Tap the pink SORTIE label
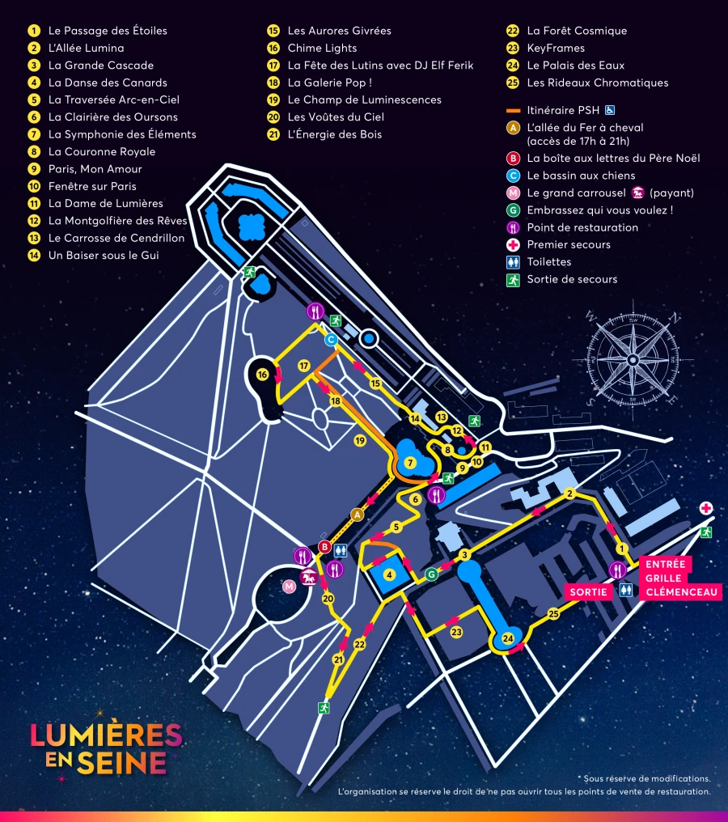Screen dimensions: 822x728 pos(588,591)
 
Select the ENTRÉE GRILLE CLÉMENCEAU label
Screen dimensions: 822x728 pos(682,578)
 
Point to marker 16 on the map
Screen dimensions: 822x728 pos(262,375)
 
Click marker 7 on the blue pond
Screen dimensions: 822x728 pos(410,463)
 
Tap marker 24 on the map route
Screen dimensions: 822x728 pos(508,638)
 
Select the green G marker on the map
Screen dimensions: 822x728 pos(431,574)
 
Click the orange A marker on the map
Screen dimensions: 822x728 pos(357,514)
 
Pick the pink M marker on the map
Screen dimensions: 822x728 pos(290,586)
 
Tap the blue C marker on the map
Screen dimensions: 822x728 pos(331,340)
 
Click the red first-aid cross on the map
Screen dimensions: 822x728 pos(706,508)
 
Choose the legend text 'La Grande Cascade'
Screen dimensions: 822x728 pos(100,66)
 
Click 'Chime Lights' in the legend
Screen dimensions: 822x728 pos(322,48)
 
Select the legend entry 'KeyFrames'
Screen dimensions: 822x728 pos(555,48)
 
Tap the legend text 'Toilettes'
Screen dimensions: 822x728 pos(549,262)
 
